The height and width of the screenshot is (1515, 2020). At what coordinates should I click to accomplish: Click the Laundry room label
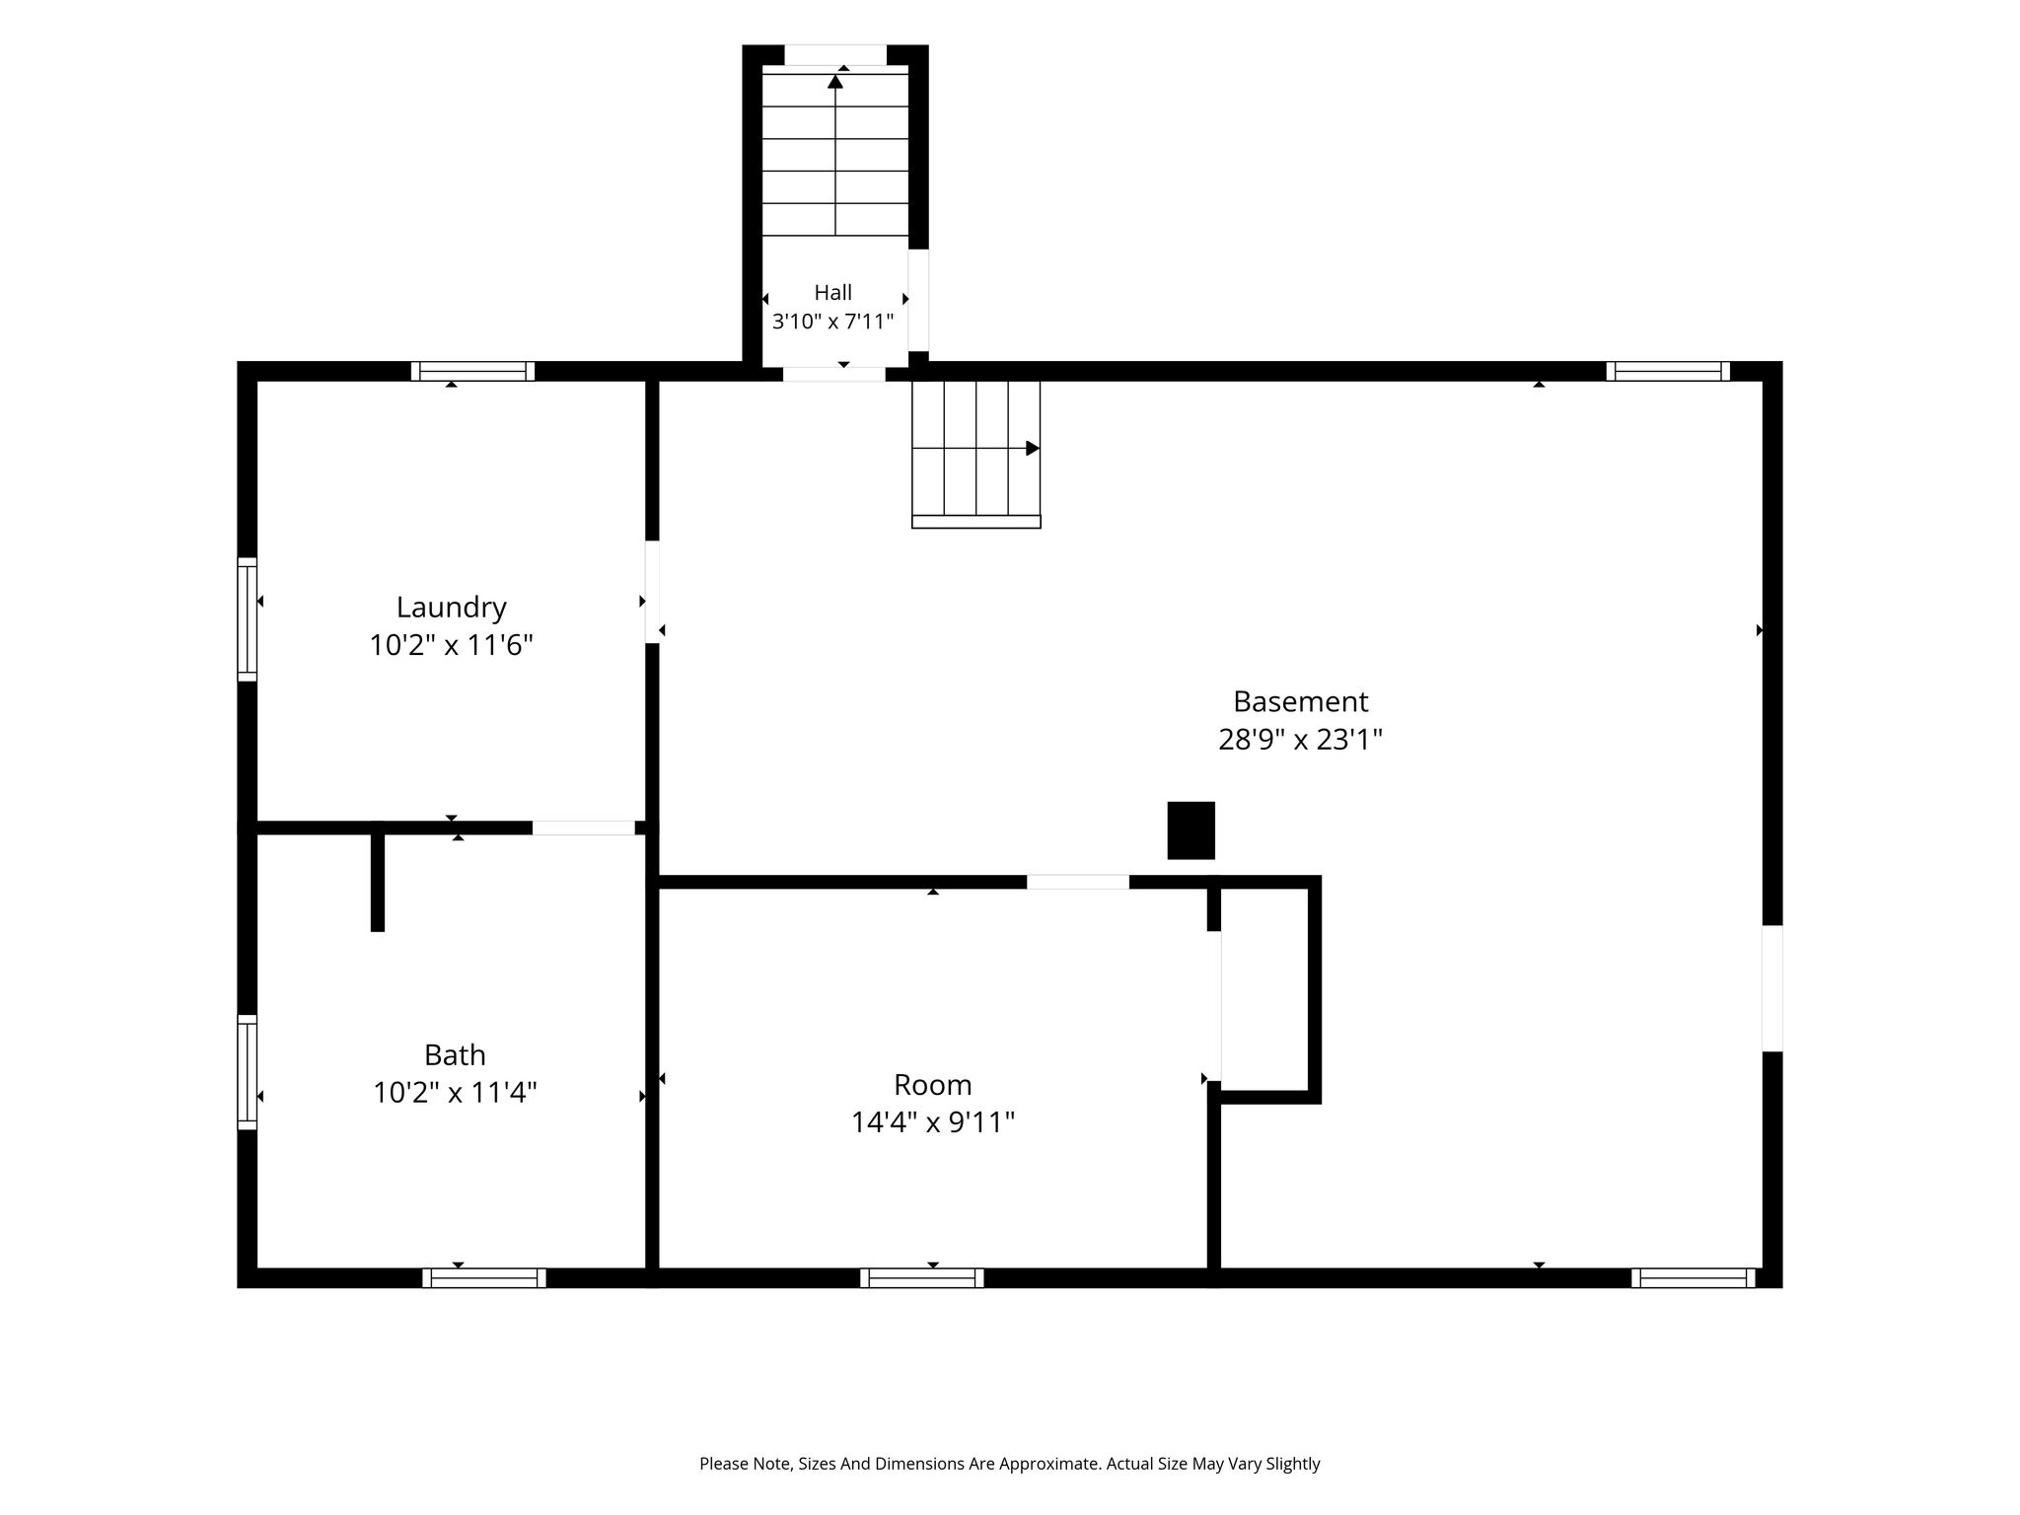452,608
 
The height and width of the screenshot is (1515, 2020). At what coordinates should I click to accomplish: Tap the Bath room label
455,1055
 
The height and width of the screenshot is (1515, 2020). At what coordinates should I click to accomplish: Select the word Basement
1300,701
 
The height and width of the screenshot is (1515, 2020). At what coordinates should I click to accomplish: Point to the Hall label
833,292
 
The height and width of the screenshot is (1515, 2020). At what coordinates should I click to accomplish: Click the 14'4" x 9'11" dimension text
933,1122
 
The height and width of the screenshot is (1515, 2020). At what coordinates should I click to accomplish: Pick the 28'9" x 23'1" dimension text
1300,740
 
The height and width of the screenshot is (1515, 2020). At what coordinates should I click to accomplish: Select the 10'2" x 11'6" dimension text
452,646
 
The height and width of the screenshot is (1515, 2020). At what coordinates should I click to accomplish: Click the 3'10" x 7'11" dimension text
833,322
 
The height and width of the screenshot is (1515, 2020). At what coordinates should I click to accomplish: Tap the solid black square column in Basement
1191,830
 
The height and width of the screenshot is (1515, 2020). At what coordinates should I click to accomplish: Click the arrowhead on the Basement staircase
1033,449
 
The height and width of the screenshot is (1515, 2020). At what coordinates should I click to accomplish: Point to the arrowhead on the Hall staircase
835,82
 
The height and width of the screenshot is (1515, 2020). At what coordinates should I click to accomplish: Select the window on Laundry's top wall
472,372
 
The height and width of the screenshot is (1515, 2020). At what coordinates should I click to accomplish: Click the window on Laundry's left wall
248,619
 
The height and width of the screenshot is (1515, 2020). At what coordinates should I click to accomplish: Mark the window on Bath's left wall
248,1072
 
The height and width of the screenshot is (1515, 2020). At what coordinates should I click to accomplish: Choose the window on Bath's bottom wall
484,1278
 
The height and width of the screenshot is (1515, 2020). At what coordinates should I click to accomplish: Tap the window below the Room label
922,1278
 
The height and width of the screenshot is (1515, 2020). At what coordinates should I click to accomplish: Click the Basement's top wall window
1668,372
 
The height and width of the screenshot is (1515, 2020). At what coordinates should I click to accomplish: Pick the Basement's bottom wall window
1694,1278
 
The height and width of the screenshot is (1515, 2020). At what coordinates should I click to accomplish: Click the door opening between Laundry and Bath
584,829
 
